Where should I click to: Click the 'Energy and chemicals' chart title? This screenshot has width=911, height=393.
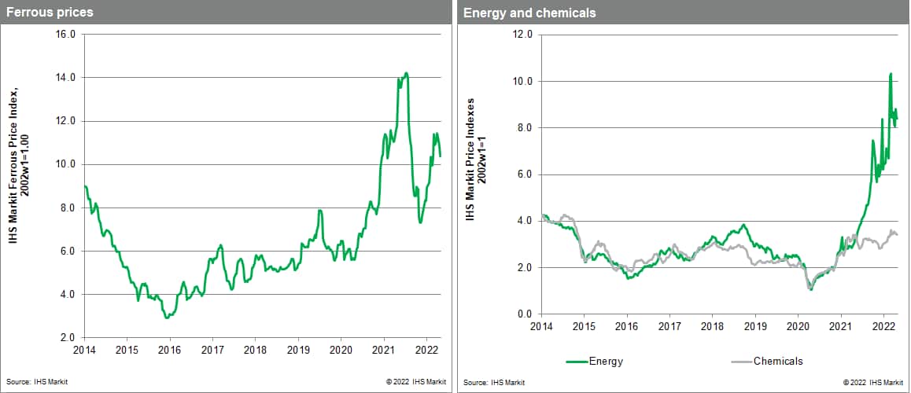point(518,13)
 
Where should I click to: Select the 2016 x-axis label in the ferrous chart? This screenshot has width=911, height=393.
point(170,351)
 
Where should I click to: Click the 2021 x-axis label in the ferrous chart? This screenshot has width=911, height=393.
point(383,351)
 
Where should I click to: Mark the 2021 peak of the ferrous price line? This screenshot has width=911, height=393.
point(406,74)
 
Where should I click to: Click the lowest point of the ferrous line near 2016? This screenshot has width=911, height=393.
point(166,318)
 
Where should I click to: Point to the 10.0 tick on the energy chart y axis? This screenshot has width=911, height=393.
point(522,82)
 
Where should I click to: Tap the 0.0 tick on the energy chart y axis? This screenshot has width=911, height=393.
point(524,314)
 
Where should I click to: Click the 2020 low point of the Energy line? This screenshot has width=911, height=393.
point(810,290)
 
